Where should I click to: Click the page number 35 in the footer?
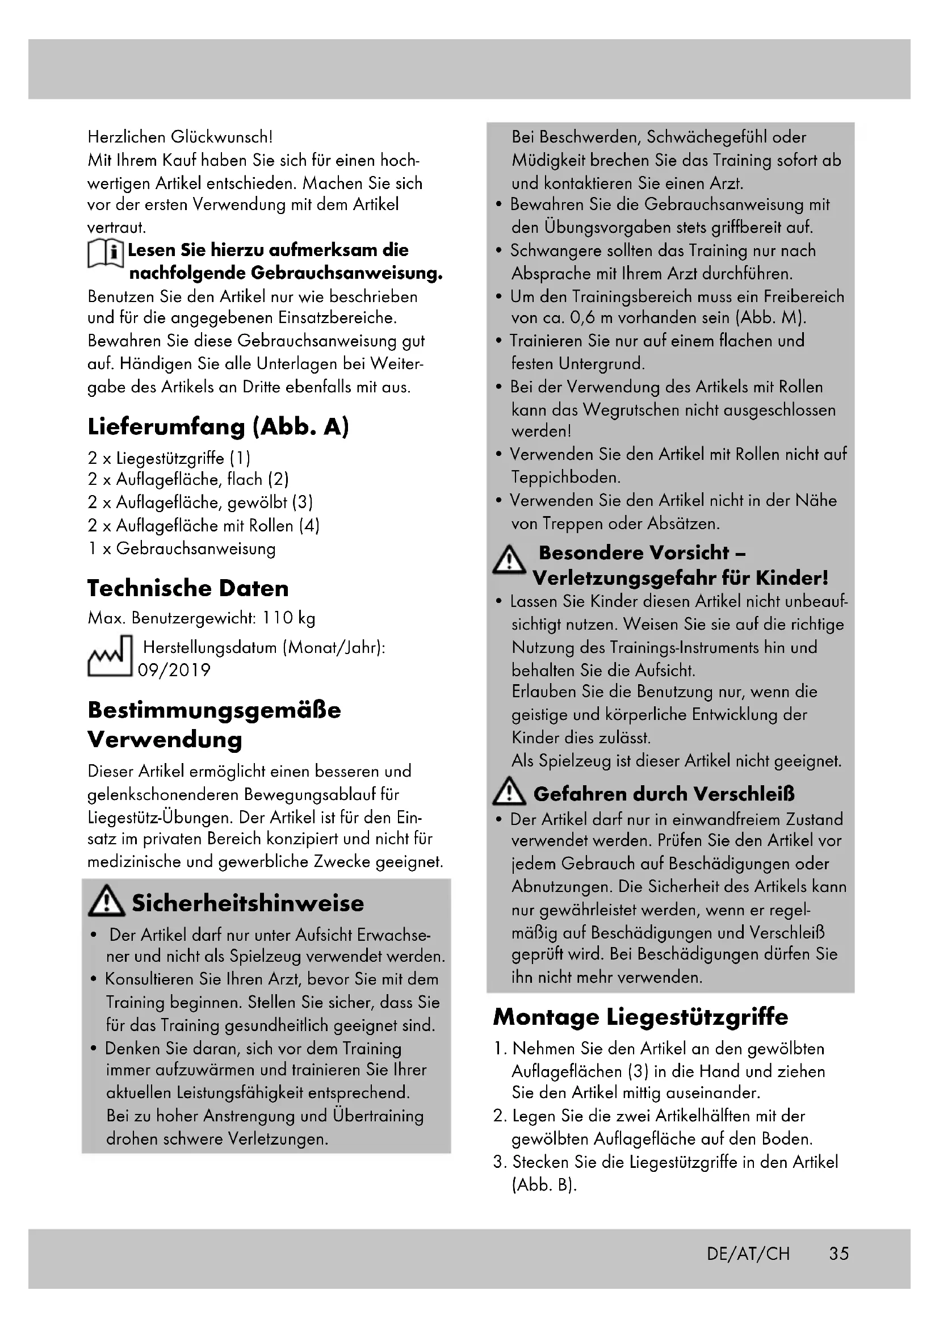(x=839, y=1254)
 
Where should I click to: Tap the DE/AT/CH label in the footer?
(x=748, y=1254)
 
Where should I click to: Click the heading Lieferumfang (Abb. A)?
(x=218, y=427)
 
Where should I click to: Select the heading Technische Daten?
(x=188, y=588)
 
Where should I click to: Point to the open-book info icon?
(x=105, y=254)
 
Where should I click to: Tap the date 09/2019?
(x=174, y=671)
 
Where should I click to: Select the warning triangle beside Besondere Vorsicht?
(x=509, y=559)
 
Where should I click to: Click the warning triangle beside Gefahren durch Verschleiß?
(x=509, y=792)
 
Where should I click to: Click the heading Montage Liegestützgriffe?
(x=640, y=1016)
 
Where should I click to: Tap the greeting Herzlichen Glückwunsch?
(x=180, y=137)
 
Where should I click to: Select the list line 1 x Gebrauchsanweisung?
(x=182, y=548)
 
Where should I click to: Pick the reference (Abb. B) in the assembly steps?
(x=544, y=1185)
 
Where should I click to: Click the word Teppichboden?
(x=565, y=477)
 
